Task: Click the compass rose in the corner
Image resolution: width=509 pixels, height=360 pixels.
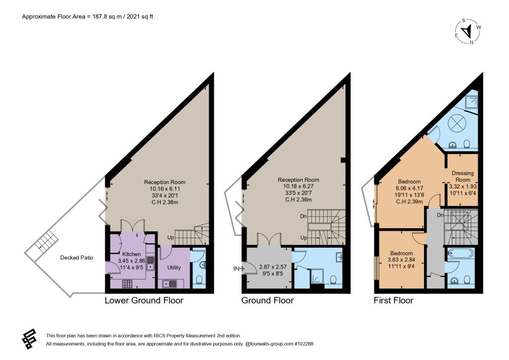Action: point(468,31)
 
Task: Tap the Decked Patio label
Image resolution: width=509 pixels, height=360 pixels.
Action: point(77,258)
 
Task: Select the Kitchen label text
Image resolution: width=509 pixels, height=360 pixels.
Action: point(131,254)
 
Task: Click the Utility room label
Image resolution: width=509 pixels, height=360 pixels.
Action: point(173,268)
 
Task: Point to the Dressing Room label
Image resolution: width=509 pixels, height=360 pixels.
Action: point(463,176)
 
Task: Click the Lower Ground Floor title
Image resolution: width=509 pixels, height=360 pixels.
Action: point(144,301)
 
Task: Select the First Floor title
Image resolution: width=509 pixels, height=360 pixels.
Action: point(393,301)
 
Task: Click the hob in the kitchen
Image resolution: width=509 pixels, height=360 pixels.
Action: point(127,284)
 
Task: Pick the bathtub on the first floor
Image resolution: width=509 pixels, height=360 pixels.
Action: point(461,254)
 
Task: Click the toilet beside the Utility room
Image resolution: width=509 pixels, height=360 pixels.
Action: point(199,279)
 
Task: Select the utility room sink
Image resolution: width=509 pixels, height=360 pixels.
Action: point(170,284)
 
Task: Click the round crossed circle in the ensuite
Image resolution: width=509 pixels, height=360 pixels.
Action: point(457,123)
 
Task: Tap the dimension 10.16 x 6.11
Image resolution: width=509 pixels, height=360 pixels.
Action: point(165,188)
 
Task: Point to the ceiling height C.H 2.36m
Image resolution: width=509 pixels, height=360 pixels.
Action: point(298,199)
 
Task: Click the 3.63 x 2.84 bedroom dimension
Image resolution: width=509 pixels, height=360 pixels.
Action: point(401,260)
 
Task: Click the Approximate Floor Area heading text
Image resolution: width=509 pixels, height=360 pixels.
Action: point(87,16)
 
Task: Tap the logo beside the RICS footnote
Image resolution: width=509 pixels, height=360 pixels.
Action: point(29,339)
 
